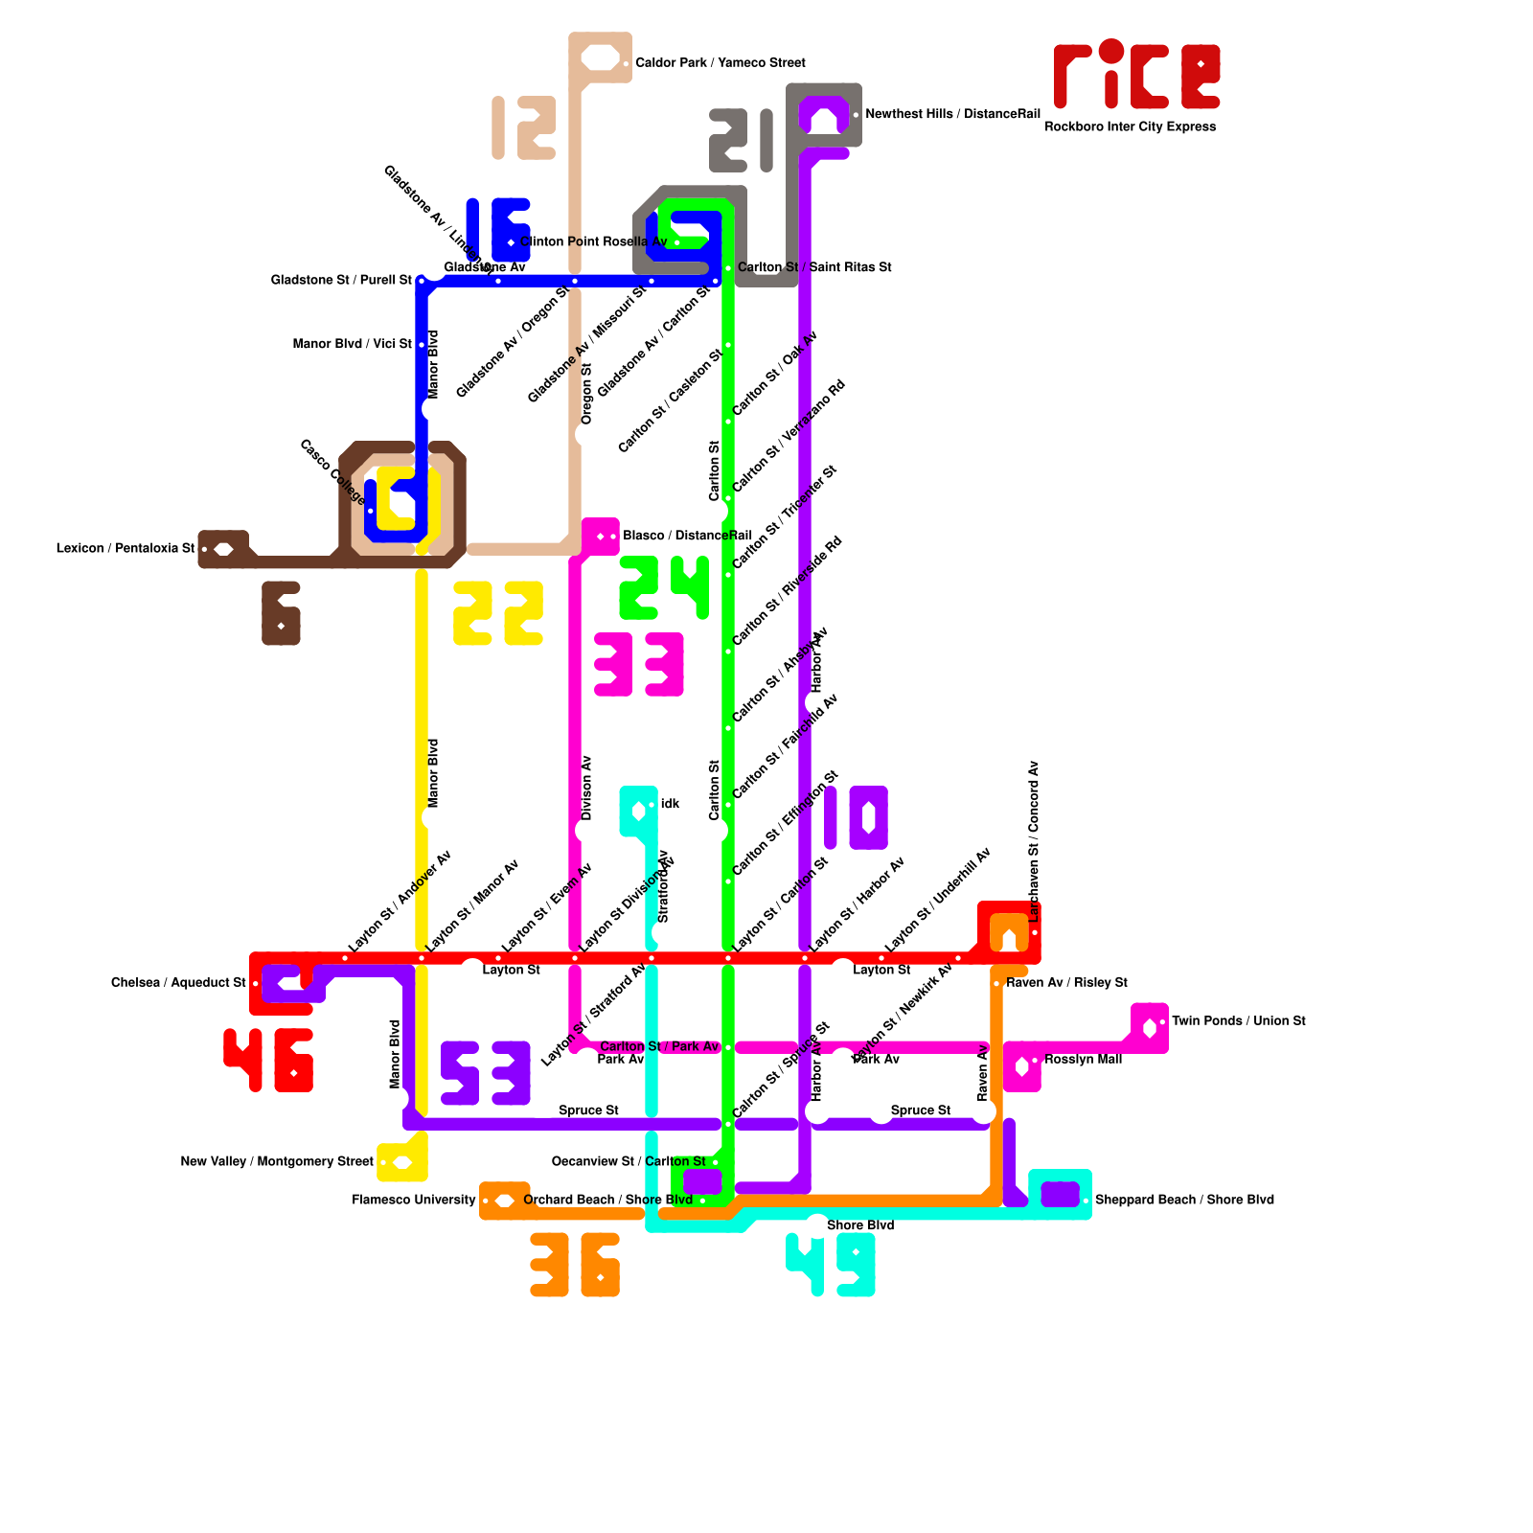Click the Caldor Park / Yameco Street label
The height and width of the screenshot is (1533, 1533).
tap(721, 63)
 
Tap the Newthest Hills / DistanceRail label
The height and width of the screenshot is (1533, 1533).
tap(952, 114)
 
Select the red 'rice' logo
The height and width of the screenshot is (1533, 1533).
tap(1136, 75)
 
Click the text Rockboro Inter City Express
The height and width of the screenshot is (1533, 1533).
tap(1130, 126)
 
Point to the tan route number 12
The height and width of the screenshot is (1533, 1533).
tap(524, 127)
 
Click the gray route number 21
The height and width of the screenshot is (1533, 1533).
tap(741, 141)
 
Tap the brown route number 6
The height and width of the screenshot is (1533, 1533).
tap(281, 613)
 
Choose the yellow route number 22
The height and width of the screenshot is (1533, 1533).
tap(498, 613)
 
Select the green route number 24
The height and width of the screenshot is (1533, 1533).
tap(664, 587)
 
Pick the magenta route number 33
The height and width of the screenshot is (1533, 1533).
tap(639, 664)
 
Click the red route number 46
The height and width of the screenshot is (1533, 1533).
tap(268, 1060)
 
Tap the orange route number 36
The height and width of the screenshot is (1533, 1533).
tap(575, 1265)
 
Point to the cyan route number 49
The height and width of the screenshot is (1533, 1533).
tap(831, 1265)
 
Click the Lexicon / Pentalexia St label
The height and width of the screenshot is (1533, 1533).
tap(125, 549)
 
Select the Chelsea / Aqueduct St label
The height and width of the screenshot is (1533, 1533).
tap(178, 983)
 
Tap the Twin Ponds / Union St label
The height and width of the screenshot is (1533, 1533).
tap(1238, 1021)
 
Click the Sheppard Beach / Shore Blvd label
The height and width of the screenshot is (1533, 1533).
tap(1184, 1200)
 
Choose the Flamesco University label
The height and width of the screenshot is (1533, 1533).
tap(414, 1200)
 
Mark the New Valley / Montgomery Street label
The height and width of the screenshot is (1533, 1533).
tap(277, 1162)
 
